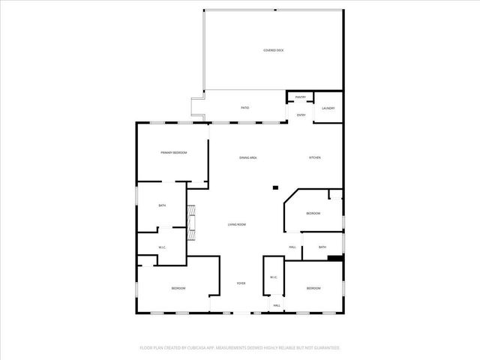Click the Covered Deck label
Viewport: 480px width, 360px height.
click(274, 50)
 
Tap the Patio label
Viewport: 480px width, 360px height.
click(245, 108)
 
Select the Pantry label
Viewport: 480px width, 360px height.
click(300, 97)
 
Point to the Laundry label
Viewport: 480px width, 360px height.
click(328, 108)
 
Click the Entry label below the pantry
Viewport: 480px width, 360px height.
click(301, 115)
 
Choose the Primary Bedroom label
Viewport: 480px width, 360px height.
click(173, 152)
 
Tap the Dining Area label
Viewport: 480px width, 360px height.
click(248, 157)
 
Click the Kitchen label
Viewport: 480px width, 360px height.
click(315, 157)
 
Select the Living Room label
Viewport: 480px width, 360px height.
click(237, 224)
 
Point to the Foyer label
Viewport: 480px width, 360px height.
click(241, 283)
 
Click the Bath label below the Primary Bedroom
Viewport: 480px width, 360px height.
click(161, 205)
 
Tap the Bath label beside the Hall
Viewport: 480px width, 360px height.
click(322, 247)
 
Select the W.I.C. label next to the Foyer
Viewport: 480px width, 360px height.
click(274, 277)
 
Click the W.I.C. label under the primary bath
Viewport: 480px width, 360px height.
click(161, 247)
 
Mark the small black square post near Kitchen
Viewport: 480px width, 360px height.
click(275, 187)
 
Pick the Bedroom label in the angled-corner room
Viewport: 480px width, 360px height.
click(313, 214)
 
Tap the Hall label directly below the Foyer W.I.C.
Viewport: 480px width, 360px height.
click(276, 305)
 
